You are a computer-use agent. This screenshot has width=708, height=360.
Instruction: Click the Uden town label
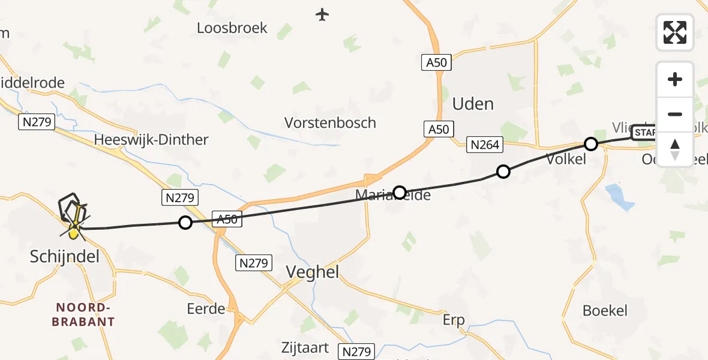(x=473, y=104)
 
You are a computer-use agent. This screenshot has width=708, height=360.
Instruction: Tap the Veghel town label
(x=312, y=272)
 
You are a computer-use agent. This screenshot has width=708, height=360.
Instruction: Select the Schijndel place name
(x=65, y=257)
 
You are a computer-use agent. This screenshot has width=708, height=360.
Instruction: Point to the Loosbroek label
(x=232, y=28)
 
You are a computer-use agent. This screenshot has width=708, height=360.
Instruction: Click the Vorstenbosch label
(x=330, y=123)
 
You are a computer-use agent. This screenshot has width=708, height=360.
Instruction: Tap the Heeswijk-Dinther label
(x=151, y=140)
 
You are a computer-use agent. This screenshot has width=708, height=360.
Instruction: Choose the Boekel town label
(x=605, y=310)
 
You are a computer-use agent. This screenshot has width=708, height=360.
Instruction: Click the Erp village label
(x=454, y=320)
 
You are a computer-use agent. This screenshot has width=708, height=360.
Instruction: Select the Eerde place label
(x=206, y=309)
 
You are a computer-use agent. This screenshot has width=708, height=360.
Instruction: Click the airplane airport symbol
(x=323, y=14)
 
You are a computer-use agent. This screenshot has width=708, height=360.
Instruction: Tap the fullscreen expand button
(x=675, y=32)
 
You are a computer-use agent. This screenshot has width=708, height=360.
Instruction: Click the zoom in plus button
(x=675, y=79)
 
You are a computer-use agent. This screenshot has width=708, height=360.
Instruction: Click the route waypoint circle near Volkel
(x=591, y=144)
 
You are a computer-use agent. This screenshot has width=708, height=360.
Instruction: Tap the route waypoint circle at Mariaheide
(x=399, y=192)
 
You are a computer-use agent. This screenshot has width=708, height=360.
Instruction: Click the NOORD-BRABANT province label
(x=83, y=314)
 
